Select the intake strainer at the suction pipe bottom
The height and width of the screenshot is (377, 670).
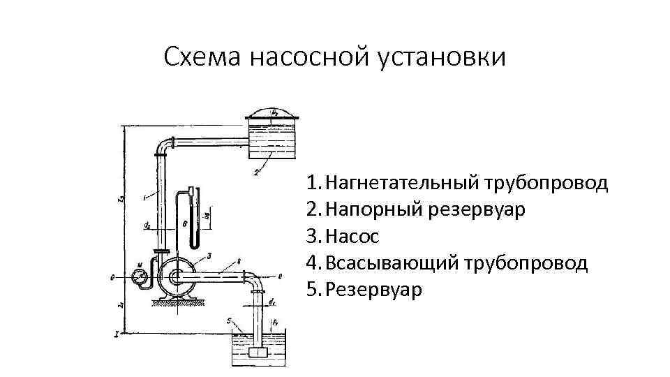258,355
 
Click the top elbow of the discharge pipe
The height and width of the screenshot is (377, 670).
165,146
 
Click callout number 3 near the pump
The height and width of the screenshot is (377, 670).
210,258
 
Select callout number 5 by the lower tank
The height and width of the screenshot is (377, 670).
228,320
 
